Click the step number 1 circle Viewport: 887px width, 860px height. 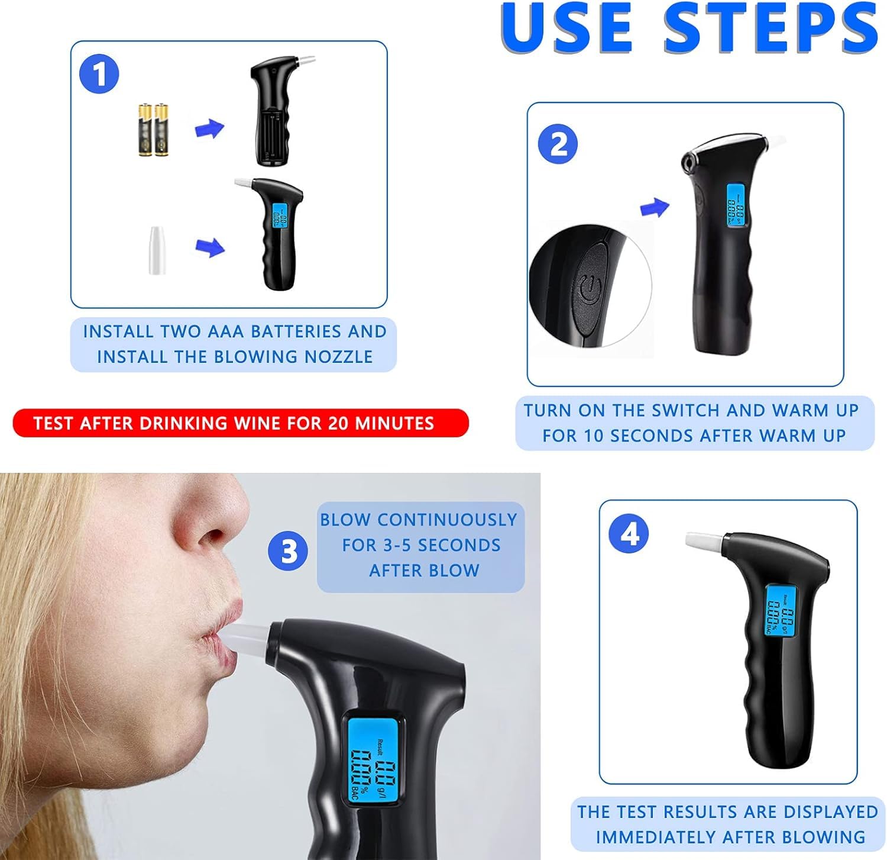(x=99, y=75)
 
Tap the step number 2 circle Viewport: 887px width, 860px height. (x=558, y=144)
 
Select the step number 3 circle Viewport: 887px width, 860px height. (x=288, y=552)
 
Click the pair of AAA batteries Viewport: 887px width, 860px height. (x=153, y=130)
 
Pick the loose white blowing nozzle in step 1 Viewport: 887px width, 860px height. (x=157, y=250)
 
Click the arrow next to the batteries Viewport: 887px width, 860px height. (x=209, y=128)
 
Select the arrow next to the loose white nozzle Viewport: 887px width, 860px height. (x=209, y=247)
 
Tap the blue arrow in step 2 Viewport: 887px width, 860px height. (x=655, y=207)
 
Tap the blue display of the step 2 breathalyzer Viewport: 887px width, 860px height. (x=735, y=205)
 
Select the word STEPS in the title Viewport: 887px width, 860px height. (x=771, y=28)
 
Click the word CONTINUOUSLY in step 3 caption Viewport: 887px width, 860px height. (x=447, y=520)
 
